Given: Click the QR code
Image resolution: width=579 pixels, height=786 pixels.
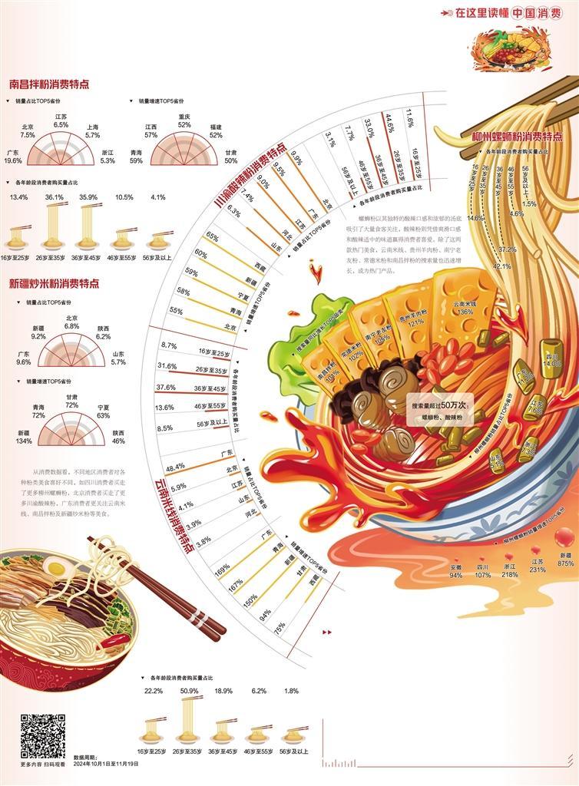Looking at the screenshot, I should (x=42, y=736).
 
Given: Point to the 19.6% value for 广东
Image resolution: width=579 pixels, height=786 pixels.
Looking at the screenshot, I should (x=13, y=161).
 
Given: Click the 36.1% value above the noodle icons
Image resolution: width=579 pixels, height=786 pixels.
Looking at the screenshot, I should (x=55, y=197).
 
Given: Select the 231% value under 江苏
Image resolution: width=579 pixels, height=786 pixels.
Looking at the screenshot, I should (x=538, y=570).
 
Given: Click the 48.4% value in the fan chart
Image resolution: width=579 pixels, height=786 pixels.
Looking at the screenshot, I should (x=174, y=466).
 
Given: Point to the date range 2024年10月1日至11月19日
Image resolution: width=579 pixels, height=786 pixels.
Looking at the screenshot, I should (x=107, y=764).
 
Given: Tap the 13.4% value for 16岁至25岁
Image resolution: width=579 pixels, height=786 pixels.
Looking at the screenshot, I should (x=19, y=197).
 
